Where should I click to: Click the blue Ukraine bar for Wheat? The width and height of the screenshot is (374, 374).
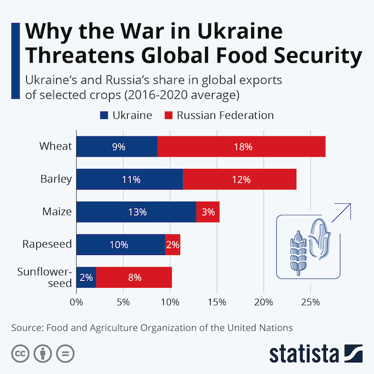coord(117,147)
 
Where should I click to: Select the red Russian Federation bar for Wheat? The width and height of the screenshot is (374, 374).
coord(242,147)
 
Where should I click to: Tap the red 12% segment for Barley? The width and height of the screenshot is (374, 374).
coord(239,180)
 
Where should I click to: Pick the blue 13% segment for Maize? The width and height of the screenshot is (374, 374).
coord(136,212)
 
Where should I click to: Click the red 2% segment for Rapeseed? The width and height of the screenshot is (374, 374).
coord(173,244)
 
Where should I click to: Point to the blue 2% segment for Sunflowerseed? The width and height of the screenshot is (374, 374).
coord(86,277)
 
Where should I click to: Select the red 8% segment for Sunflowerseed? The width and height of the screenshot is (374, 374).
coord(134,277)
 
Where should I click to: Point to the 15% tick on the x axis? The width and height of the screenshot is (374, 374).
coord(217,303)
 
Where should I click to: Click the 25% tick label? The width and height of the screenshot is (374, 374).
coord(310,303)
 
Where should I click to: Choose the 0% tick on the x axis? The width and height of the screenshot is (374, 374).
coord(76,303)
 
